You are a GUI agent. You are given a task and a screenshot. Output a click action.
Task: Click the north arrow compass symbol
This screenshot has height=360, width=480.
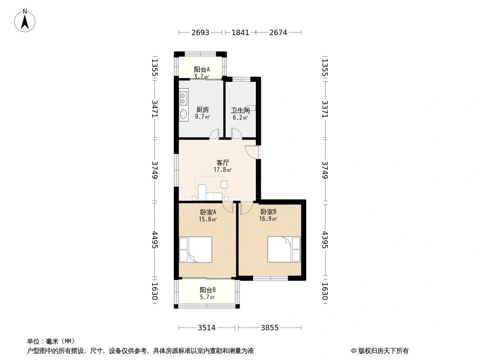click(25, 21)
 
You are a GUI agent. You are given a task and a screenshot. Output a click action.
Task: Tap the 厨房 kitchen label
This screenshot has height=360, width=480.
click(202, 109)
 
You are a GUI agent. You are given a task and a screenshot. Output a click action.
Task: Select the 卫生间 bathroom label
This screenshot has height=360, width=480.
click(240, 110)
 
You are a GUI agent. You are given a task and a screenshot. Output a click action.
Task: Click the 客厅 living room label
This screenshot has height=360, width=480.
click(222, 163)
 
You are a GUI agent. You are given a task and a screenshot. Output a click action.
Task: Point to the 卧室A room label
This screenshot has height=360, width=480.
click(208, 212)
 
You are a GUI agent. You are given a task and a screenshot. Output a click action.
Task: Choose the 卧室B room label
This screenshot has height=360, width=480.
click(268, 211)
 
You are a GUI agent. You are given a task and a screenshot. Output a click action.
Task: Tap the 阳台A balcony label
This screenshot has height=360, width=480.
click(202, 69)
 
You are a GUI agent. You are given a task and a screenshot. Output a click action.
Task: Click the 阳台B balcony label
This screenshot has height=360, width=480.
click(208, 290)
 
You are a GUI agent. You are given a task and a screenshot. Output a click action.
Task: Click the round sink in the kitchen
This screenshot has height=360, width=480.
click(183, 114)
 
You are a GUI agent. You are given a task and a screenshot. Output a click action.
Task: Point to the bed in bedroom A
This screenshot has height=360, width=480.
click(195, 249)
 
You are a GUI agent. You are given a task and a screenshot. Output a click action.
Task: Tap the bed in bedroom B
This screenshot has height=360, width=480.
click(284, 249)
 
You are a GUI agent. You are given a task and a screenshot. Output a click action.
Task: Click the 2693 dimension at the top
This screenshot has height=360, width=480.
click(200, 32)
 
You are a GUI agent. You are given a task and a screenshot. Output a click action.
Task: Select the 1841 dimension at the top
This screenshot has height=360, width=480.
click(240, 32)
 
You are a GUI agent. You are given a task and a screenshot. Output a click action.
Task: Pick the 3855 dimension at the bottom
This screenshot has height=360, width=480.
click(270, 328)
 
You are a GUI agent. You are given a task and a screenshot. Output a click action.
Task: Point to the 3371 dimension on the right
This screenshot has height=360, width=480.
click(325, 109)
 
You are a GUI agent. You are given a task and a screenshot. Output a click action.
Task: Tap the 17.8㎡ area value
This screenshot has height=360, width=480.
click(222, 170)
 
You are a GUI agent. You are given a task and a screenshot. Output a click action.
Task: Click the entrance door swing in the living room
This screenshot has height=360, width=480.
click(252, 152)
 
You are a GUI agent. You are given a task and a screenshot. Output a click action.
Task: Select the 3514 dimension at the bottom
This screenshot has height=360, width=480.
click(207, 328)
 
